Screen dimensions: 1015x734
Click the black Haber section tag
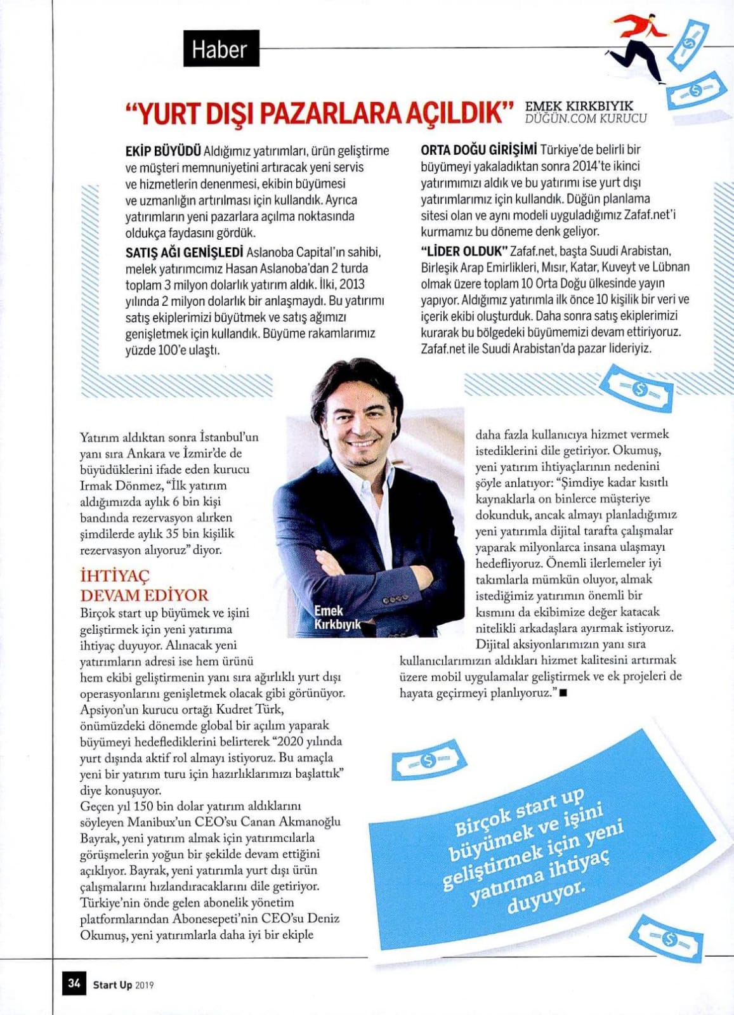click(x=221, y=48)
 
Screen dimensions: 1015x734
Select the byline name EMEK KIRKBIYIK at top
click(x=579, y=106)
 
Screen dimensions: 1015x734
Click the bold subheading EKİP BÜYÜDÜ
click(x=163, y=151)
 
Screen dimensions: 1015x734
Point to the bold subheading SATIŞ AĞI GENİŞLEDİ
click(x=184, y=252)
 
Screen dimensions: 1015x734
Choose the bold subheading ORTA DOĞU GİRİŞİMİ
click(x=479, y=150)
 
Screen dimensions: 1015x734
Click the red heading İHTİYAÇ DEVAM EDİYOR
click(x=144, y=586)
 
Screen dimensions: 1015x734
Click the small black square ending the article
click(x=563, y=693)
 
